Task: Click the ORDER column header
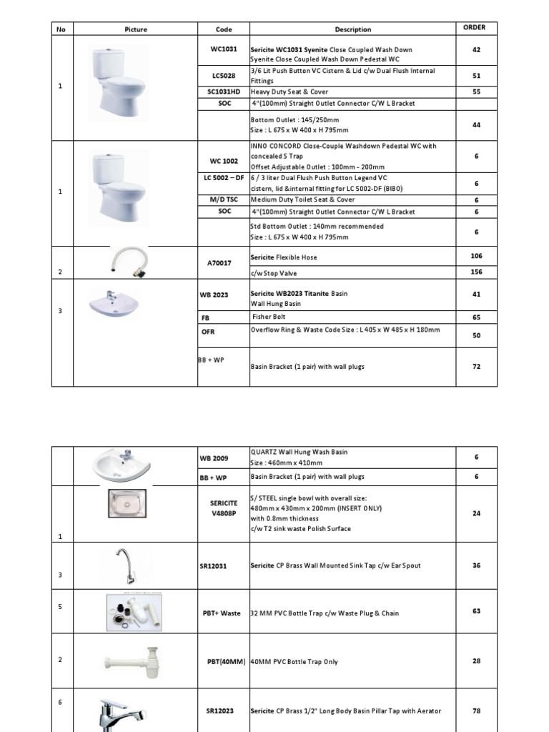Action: [474, 28]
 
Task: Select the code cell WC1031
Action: [224, 50]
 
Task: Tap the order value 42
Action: [476, 50]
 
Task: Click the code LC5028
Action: [224, 76]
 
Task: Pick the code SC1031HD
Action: [224, 92]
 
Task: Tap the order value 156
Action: [476, 272]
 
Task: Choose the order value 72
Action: [476, 366]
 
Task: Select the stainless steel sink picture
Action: [130, 506]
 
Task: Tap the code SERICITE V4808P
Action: [224, 508]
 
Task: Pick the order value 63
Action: [476, 611]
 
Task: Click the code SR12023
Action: [224, 711]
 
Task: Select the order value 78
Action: [476, 711]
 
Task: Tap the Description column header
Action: [353, 29]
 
